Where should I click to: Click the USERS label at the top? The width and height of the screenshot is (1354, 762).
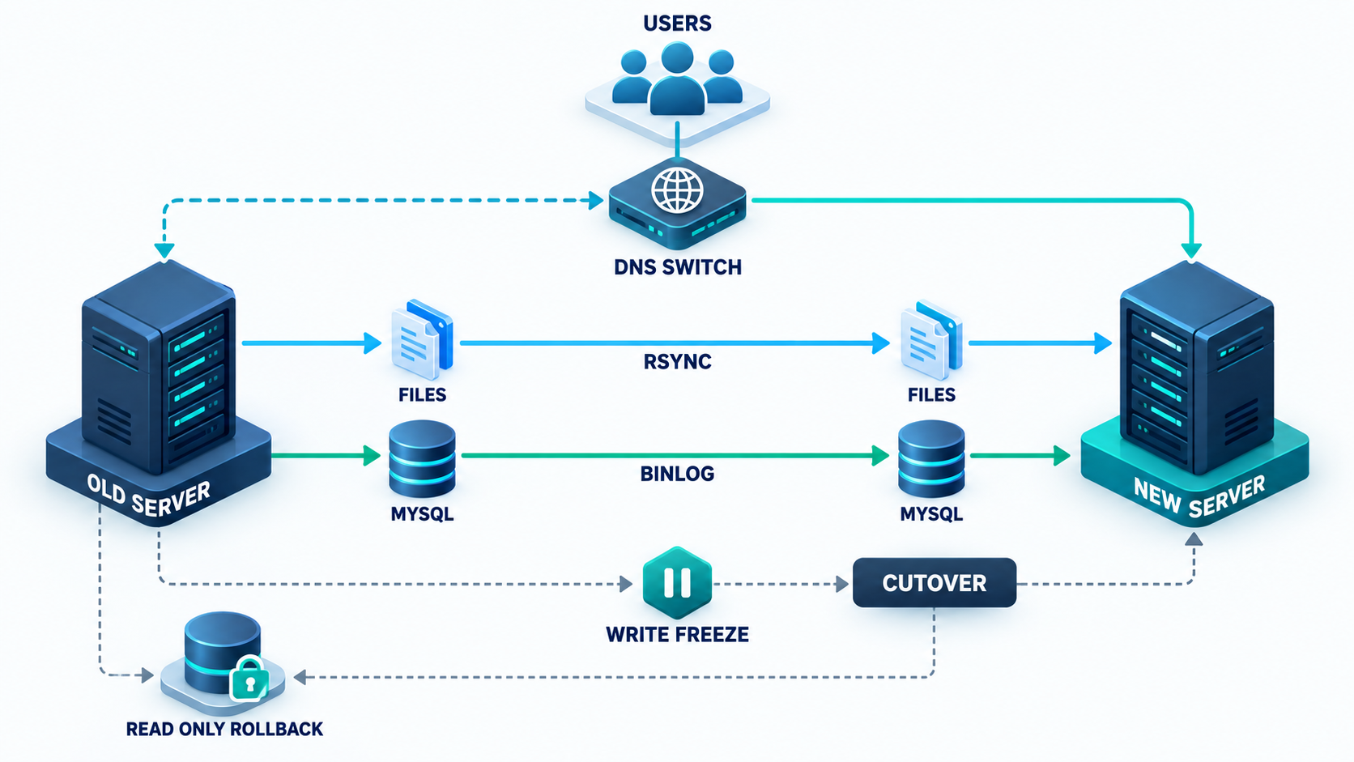(x=677, y=23)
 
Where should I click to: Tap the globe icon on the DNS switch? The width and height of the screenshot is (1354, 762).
(x=677, y=189)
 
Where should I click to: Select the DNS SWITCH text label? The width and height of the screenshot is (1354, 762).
(x=678, y=267)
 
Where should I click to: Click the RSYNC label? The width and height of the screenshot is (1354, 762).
(x=677, y=361)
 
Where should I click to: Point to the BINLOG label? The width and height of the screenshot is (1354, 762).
(x=677, y=474)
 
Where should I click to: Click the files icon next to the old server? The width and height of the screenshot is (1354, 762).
(x=422, y=339)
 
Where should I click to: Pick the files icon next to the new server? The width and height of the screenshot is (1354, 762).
(x=931, y=339)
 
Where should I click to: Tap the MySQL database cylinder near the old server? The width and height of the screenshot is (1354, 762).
(x=422, y=458)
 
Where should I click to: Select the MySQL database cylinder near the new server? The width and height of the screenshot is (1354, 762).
(x=931, y=458)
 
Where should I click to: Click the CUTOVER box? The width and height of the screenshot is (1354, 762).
(x=935, y=582)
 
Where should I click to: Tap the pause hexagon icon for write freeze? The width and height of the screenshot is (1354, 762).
(x=677, y=582)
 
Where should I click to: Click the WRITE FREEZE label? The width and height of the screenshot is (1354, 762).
(x=677, y=635)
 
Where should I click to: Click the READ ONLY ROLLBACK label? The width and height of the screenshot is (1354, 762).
(x=224, y=729)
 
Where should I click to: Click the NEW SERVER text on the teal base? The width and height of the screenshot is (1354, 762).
(x=1200, y=496)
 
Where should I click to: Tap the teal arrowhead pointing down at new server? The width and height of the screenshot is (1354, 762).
(x=1190, y=251)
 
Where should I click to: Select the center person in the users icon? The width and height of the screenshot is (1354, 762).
(x=677, y=79)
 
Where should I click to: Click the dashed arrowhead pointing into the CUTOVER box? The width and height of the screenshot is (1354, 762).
(x=841, y=584)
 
